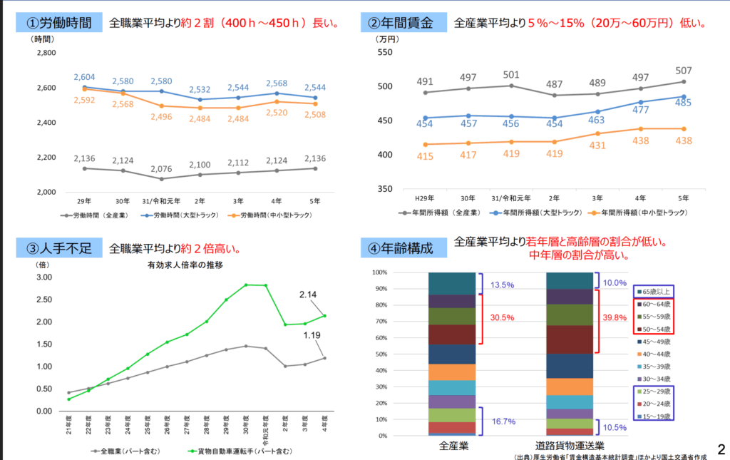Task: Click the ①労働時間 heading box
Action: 59,22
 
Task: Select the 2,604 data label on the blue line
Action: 84,77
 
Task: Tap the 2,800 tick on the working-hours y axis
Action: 45,53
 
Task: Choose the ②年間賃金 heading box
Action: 403,22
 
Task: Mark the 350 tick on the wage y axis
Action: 384,189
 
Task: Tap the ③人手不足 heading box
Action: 59,248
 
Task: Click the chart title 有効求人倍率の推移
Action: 185,265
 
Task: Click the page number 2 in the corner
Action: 720,449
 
